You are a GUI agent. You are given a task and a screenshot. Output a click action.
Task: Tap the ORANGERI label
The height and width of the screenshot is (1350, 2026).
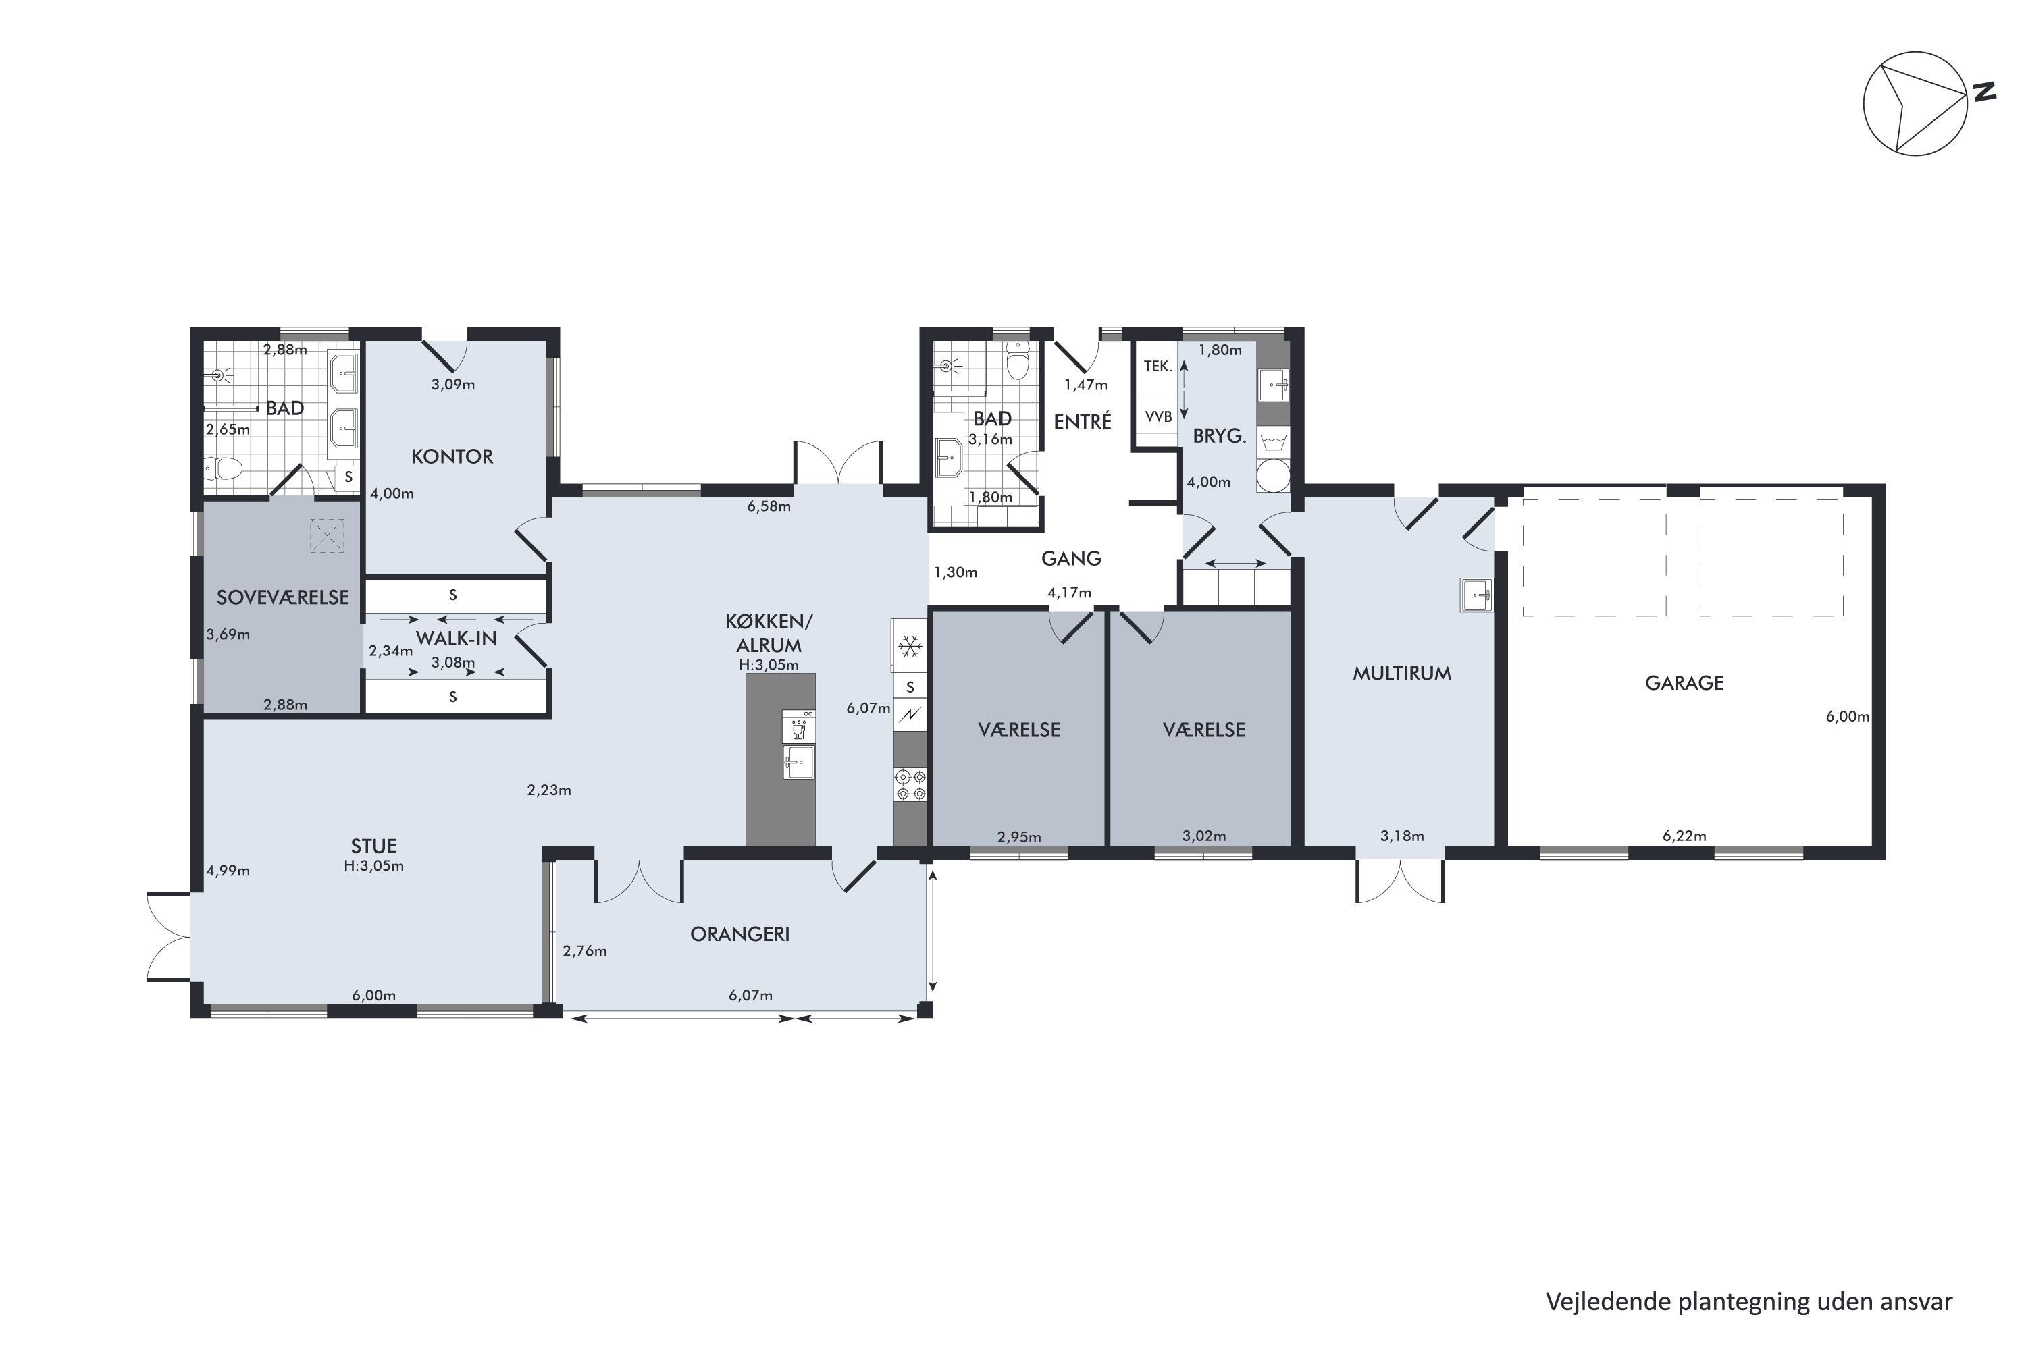(x=740, y=934)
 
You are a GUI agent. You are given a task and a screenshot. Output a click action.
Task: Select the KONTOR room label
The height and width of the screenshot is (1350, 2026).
(x=452, y=456)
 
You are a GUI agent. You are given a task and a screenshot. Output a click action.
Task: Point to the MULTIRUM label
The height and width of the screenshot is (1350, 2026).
(x=1401, y=673)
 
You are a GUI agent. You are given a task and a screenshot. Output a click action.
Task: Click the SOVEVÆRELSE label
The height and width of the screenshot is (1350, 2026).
(x=282, y=597)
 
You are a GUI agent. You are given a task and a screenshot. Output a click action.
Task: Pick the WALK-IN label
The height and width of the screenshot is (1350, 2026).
(x=457, y=639)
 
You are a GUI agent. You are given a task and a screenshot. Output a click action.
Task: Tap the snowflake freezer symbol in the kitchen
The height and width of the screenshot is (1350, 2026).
(x=910, y=647)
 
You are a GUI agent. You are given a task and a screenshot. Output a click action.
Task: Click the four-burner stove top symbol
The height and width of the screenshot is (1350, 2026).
(x=910, y=784)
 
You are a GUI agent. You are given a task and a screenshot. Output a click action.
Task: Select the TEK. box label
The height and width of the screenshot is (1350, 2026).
(x=1158, y=367)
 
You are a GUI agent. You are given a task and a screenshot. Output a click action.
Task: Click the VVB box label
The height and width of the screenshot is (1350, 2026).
(x=1158, y=416)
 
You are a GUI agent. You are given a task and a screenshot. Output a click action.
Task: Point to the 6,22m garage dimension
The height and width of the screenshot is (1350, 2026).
(x=1684, y=836)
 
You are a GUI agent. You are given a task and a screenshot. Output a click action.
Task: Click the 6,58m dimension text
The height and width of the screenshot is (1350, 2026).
(x=769, y=506)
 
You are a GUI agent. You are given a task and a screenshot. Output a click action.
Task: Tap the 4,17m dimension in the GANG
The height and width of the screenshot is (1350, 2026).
(x=1069, y=593)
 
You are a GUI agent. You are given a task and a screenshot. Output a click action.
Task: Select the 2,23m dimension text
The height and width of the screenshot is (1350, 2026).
(x=548, y=790)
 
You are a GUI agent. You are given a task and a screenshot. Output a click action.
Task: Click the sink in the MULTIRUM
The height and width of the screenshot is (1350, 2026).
(x=1476, y=595)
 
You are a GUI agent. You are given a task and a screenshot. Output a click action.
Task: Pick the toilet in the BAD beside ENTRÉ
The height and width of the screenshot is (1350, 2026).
(x=1019, y=362)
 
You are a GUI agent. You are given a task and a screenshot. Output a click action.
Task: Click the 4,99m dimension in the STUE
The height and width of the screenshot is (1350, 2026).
(x=228, y=871)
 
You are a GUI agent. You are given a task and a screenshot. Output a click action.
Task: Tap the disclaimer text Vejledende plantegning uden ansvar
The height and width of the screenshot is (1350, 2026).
(x=1748, y=1303)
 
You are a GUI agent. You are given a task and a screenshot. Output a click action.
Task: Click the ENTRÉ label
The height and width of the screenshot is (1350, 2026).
(x=1083, y=422)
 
